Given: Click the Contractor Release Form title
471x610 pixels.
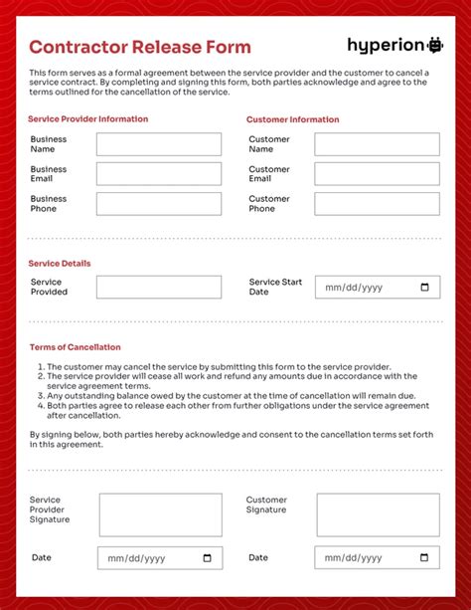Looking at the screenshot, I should [139, 47].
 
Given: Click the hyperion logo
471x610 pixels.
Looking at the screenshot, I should [394, 45].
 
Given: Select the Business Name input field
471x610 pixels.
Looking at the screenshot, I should [159, 144].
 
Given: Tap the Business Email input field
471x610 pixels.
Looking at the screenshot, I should [159, 174].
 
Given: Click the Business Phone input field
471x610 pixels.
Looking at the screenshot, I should [159, 203].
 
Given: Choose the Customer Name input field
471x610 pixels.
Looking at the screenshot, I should [377, 144].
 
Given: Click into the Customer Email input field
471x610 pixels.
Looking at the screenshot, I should [377, 174].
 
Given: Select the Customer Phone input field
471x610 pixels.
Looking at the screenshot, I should [377, 203].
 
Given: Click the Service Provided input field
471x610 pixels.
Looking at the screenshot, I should [159, 288].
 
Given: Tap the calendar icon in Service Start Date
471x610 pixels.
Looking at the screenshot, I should [425, 288].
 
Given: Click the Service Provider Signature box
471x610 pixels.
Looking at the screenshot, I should [160, 515].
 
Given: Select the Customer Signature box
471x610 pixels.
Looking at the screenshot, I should [378, 515].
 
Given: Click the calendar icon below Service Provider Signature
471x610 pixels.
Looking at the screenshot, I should [208, 558].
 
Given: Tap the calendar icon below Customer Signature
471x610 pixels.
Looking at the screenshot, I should [425, 558].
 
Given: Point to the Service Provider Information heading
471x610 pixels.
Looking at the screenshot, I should [88, 119].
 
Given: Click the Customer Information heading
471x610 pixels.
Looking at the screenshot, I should [292, 119].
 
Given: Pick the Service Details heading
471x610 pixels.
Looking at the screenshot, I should [60, 264].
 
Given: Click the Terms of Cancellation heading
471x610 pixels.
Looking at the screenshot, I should [75, 347].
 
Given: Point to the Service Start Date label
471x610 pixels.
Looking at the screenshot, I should [275, 287].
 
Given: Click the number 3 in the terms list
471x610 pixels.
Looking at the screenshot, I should [41, 395].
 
